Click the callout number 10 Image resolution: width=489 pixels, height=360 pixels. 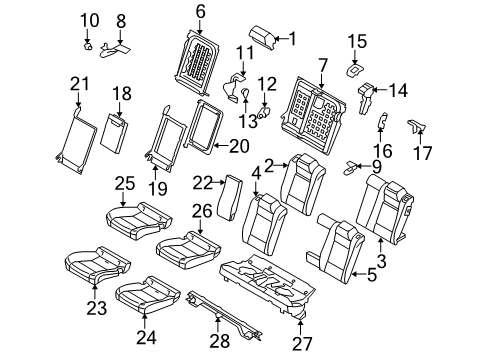(90, 20)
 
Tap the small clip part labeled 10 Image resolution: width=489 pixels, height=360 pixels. (88, 46)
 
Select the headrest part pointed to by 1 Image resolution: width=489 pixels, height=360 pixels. (262, 37)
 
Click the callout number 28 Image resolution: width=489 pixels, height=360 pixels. (220, 341)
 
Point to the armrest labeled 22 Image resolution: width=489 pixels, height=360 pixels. (229, 197)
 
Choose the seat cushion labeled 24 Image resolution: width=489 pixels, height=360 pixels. (147, 294)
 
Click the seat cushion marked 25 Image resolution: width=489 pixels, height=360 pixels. (138, 220)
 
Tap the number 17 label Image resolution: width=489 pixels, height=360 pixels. (422, 153)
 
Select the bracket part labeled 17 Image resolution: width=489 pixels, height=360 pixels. (416, 126)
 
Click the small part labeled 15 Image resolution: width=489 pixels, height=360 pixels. (354, 70)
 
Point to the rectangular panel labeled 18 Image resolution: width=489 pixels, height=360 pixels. (114, 133)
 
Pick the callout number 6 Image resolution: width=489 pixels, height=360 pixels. (200, 12)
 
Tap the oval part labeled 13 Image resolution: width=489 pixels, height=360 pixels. (245, 94)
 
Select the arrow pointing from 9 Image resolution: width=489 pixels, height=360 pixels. (363, 166)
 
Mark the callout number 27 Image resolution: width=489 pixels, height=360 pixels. (302, 344)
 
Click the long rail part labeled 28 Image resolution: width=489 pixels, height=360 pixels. (225, 314)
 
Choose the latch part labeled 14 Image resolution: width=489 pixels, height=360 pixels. (365, 96)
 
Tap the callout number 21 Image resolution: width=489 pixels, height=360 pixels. (80, 84)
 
